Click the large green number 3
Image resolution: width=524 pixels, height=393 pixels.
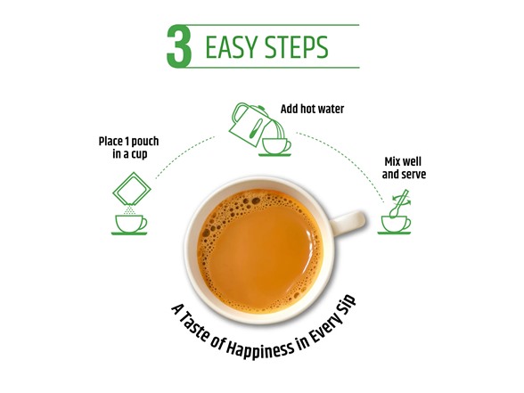point(179,47)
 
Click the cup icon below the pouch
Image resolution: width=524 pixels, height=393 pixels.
point(129,224)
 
